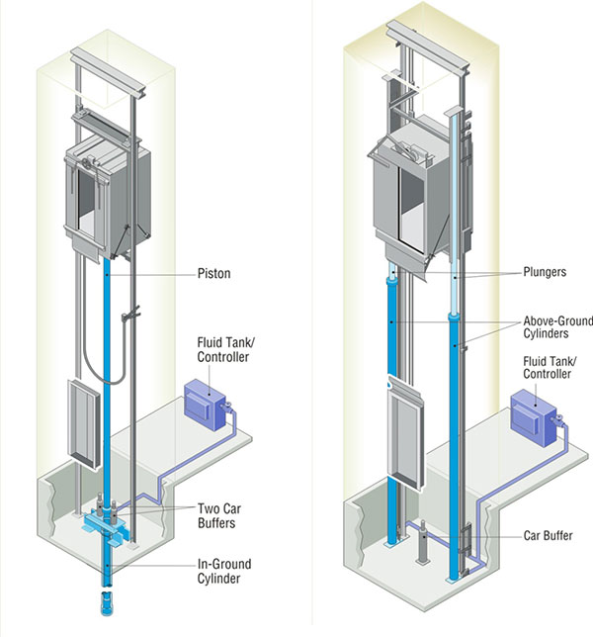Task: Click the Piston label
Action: [x=213, y=273]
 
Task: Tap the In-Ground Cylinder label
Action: [x=224, y=571]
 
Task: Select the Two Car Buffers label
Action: [x=219, y=515]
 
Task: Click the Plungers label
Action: [x=545, y=272]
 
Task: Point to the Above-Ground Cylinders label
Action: [x=557, y=327]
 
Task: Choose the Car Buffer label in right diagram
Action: [x=548, y=535]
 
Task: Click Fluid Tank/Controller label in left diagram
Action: [x=225, y=349]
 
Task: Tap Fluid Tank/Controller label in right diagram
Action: [x=550, y=367]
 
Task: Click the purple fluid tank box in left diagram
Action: [x=205, y=405]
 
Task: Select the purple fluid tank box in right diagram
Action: [x=533, y=418]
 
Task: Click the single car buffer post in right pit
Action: [x=423, y=542]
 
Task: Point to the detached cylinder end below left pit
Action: [x=107, y=603]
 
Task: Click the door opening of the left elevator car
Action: [x=86, y=203]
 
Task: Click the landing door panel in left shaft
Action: [x=84, y=423]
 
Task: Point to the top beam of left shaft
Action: [x=108, y=72]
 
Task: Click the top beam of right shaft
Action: [x=428, y=47]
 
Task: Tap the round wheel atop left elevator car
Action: [x=87, y=164]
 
